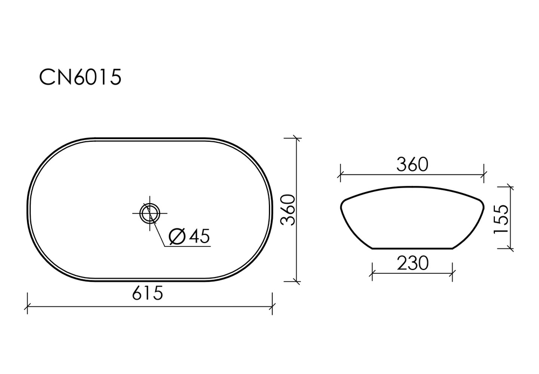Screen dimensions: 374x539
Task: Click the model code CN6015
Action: click(x=80, y=78)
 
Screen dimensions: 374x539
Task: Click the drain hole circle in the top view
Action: click(x=149, y=212)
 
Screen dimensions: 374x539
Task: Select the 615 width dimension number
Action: click(x=147, y=294)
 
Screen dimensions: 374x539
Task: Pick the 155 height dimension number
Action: click(x=501, y=219)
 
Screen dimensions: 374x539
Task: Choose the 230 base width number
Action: click(x=412, y=263)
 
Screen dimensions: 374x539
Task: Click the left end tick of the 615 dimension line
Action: click(x=27, y=307)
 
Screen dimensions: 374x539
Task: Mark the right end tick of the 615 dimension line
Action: click(x=272, y=307)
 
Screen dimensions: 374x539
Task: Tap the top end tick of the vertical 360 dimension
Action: click(x=295, y=138)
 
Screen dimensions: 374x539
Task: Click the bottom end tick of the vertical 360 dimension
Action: click(x=295, y=281)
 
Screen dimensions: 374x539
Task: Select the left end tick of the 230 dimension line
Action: click(x=372, y=273)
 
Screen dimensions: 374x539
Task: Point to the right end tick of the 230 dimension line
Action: click(x=453, y=273)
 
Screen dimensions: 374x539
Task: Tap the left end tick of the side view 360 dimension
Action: click(x=340, y=175)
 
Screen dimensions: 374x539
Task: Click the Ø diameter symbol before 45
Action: click(x=177, y=236)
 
